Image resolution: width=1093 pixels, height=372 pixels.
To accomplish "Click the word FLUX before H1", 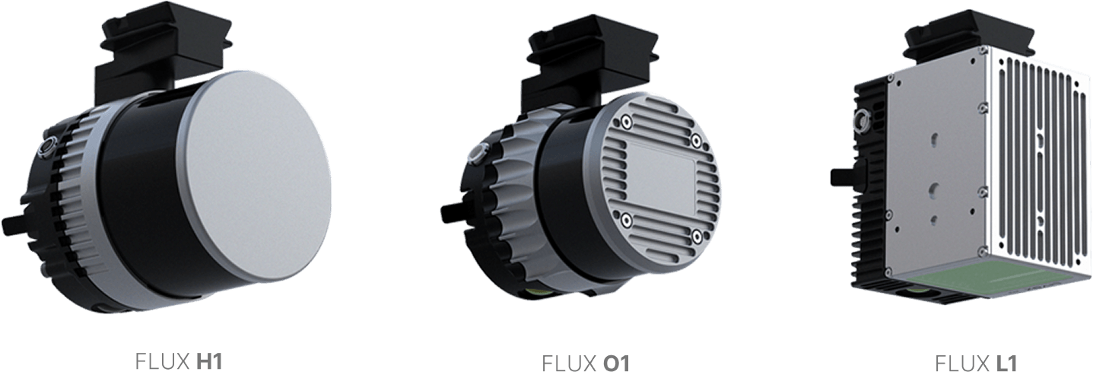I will [158, 361].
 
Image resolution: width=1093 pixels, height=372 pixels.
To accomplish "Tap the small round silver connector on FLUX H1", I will [46, 144].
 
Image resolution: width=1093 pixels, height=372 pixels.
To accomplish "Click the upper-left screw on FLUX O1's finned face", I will [625, 122].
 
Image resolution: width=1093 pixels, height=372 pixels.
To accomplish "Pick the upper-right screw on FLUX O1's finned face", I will [695, 141].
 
